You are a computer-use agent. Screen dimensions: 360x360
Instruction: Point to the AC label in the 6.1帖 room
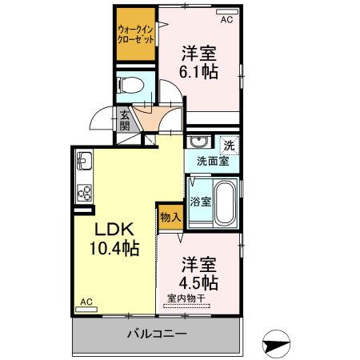click(x=226, y=18)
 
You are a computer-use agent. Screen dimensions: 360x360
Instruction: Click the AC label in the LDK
click(x=86, y=302)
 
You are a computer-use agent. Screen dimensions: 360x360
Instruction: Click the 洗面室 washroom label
click(x=213, y=160)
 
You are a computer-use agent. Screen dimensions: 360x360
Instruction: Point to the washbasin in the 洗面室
click(x=198, y=144)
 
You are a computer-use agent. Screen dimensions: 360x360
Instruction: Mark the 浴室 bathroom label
click(x=200, y=202)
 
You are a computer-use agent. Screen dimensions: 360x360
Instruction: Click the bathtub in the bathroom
click(x=226, y=202)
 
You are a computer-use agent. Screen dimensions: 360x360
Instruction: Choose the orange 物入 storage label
click(x=170, y=217)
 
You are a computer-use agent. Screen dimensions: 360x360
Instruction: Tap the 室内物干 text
click(x=186, y=298)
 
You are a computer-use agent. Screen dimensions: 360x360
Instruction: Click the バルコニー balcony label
click(x=157, y=333)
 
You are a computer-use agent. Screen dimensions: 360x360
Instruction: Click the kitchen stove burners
click(x=86, y=192)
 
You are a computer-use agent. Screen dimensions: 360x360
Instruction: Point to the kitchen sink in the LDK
click(x=86, y=164)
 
